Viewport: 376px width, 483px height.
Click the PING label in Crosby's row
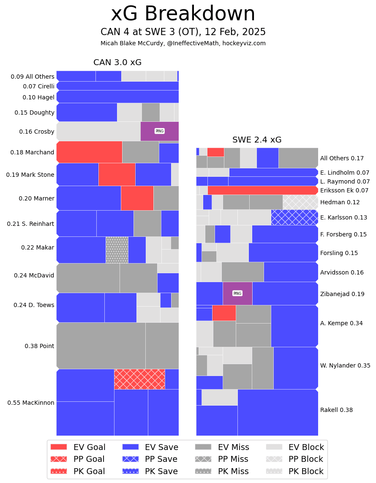coord(159,131)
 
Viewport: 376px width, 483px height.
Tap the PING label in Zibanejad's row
coord(237,293)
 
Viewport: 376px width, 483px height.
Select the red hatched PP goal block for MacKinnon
coord(139,379)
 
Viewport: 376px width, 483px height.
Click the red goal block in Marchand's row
coord(89,152)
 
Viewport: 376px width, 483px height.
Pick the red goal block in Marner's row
coord(137,198)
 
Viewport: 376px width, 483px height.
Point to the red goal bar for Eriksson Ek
coord(262,190)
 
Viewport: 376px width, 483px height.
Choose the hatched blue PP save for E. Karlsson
coord(294,217)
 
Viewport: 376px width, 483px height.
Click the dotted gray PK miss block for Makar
coord(117,250)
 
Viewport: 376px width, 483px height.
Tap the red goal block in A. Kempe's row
coord(224,313)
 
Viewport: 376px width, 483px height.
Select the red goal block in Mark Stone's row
coord(117,174)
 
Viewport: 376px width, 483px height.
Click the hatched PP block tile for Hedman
coord(300,202)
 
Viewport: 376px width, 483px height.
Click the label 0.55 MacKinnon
coord(31,403)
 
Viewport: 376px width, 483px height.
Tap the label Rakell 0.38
coord(336,410)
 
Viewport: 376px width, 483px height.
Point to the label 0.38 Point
coord(39,346)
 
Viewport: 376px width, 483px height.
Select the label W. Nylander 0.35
coord(345,365)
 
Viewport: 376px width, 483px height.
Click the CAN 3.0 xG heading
coord(117,63)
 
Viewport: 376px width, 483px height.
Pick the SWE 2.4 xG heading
coord(257,140)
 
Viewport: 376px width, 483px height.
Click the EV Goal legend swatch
coord(59,447)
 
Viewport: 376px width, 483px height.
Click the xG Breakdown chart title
coord(183,14)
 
